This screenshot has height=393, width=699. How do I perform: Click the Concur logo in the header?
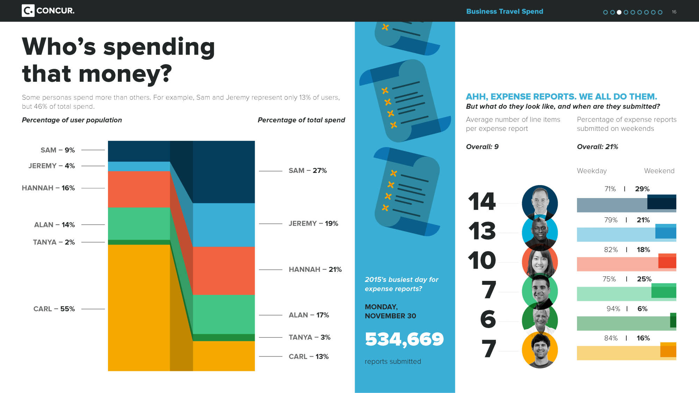[x=48, y=11]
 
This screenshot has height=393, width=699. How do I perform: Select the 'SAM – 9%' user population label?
[x=58, y=150]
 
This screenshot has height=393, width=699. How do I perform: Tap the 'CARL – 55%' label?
[x=54, y=309]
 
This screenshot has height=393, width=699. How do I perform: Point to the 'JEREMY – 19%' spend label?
[x=313, y=224]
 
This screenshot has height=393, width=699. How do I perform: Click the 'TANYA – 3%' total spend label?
[x=309, y=337]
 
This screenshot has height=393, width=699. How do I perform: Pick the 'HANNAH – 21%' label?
[x=315, y=269]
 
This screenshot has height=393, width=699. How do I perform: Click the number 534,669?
[x=404, y=339]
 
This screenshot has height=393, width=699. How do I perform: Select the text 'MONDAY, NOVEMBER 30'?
[x=390, y=311]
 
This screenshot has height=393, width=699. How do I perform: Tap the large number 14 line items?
[x=482, y=202]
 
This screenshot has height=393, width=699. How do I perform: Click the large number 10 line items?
[x=482, y=261]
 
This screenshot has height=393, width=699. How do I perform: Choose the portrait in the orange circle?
[x=540, y=350]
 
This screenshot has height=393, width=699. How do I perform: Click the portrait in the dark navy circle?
[x=540, y=203]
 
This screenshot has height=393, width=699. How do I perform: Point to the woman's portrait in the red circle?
[x=540, y=262]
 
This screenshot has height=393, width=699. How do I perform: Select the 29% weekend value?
[x=642, y=189]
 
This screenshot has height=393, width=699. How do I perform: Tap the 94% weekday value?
[x=613, y=309]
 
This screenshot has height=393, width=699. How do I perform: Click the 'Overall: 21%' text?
[x=597, y=147]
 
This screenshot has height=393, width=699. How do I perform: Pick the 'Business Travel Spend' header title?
[x=504, y=12]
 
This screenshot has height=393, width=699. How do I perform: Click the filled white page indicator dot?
[x=619, y=12]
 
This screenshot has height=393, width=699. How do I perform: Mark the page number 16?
[x=674, y=12]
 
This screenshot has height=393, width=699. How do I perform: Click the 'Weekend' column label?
[x=659, y=171]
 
